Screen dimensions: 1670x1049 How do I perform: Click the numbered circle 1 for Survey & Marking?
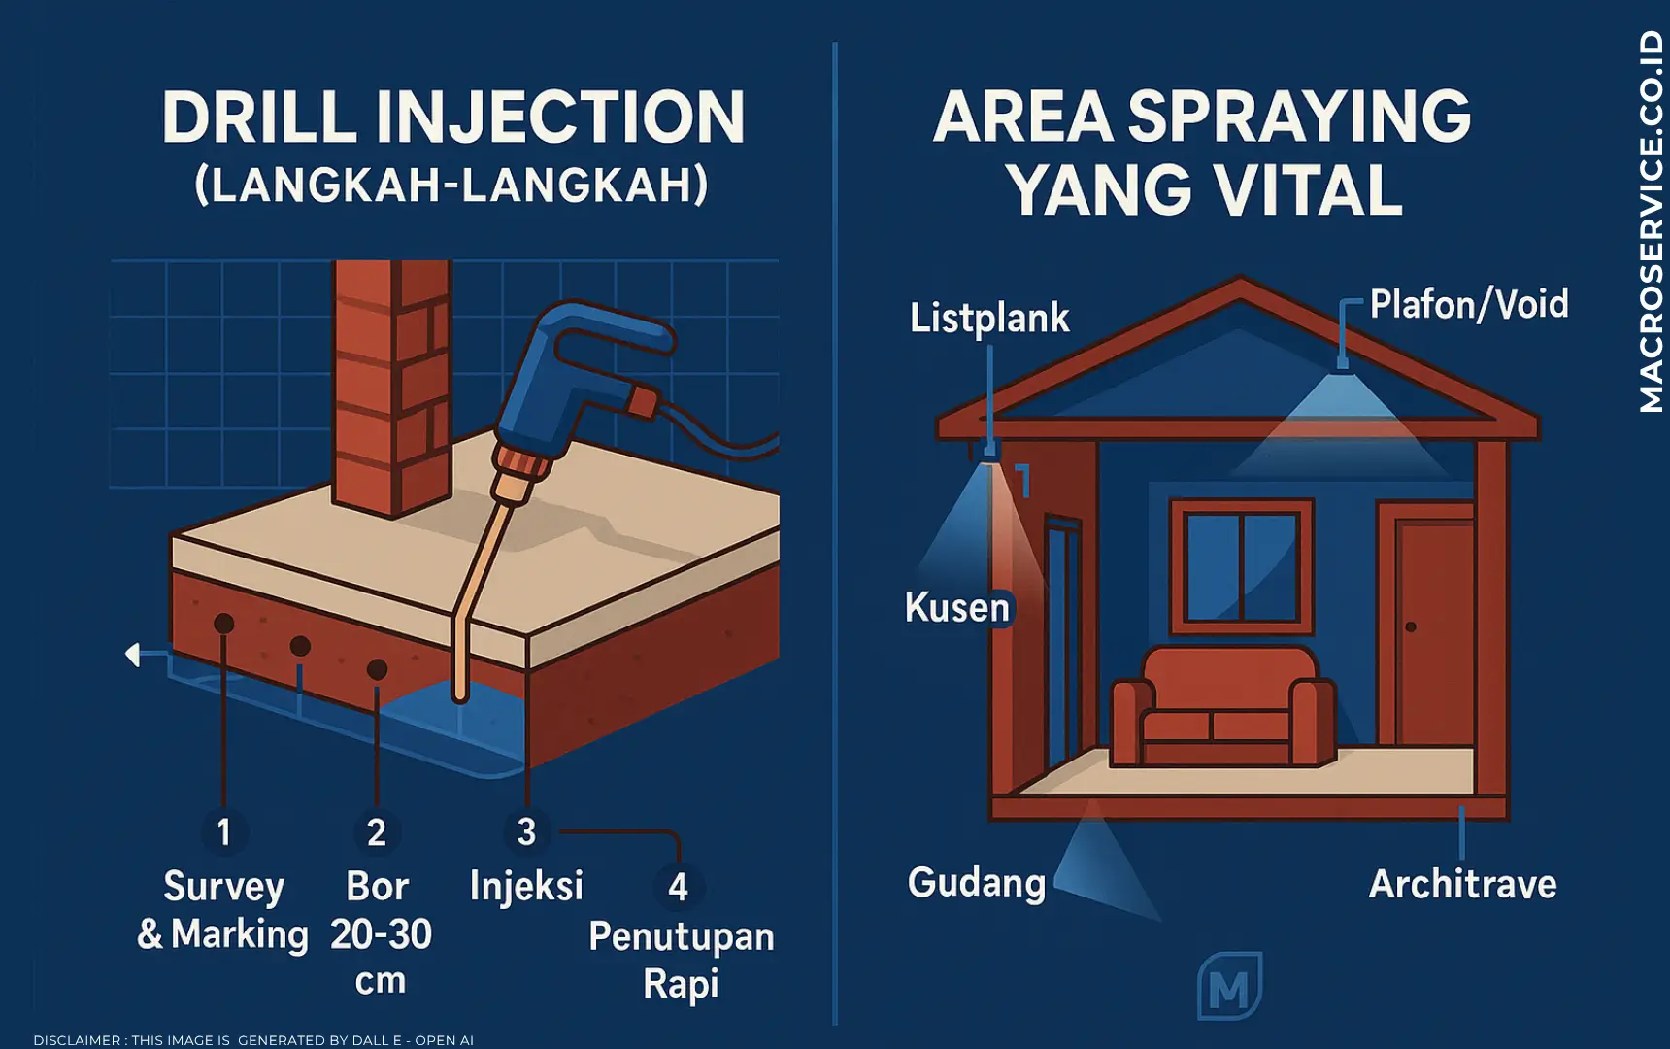click(224, 832)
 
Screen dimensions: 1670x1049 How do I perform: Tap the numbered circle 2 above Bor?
click(377, 832)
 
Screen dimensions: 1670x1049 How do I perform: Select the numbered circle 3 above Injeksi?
click(526, 831)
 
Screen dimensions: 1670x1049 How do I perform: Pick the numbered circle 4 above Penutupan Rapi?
click(678, 886)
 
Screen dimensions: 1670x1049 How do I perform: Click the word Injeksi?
click(527, 886)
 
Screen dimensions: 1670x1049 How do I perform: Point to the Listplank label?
click(989, 318)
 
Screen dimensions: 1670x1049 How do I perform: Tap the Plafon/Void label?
click(1469, 304)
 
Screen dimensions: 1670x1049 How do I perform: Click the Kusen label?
click(957, 607)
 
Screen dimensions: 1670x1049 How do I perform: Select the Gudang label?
click(977, 883)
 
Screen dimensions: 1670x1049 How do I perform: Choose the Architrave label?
click(1463, 884)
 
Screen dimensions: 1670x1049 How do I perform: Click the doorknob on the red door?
click(1411, 627)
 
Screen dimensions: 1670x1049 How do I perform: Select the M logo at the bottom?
click(1230, 986)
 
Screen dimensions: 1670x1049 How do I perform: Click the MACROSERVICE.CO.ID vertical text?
click(1651, 221)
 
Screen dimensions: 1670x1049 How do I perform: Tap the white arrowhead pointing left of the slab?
click(133, 655)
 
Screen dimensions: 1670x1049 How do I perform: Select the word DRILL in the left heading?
click(260, 118)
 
